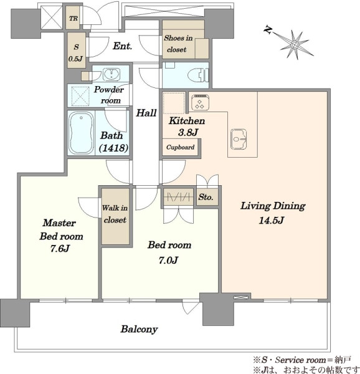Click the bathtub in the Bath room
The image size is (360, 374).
(x=81, y=133)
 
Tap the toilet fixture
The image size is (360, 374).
(x=197, y=75)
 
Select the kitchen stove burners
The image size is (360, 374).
(x=201, y=103)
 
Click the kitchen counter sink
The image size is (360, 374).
(x=239, y=139)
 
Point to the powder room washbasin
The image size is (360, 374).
(x=111, y=74)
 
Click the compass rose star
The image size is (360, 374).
(x=295, y=45)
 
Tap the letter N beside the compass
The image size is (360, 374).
(x=268, y=30)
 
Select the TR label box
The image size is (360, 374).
(x=73, y=18)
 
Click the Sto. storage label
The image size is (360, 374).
(x=206, y=197)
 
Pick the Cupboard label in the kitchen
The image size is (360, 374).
(x=181, y=147)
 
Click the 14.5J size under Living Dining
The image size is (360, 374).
(x=272, y=220)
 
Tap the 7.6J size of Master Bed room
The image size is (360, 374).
(x=60, y=249)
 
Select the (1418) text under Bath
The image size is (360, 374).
(x=113, y=148)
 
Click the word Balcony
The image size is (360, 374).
(x=140, y=329)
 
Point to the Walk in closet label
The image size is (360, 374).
(x=115, y=214)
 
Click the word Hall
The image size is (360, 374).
(x=146, y=113)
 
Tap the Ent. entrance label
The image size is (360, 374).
(x=123, y=46)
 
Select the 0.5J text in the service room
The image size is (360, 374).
(x=75, y=59)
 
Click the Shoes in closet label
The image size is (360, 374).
(x=178, y=44)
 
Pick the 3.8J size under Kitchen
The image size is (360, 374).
(x=188, y=132)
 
